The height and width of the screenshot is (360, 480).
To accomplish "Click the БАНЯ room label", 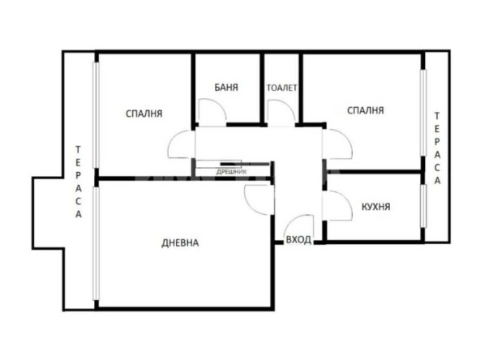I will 226,87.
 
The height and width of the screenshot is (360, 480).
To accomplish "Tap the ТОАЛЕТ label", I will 281,87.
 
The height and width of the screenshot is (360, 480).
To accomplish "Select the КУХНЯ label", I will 375,208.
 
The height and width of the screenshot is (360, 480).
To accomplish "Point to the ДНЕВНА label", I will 180,242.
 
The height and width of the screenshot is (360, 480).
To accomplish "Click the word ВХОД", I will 298,241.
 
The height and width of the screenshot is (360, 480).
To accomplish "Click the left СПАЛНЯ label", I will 145,114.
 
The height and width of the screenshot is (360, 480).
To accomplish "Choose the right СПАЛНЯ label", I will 365,109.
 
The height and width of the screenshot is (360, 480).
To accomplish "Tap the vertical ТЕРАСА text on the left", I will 79,182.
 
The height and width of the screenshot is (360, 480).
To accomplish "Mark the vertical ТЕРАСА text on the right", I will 437,148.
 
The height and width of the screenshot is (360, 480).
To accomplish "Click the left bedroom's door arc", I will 180,147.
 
